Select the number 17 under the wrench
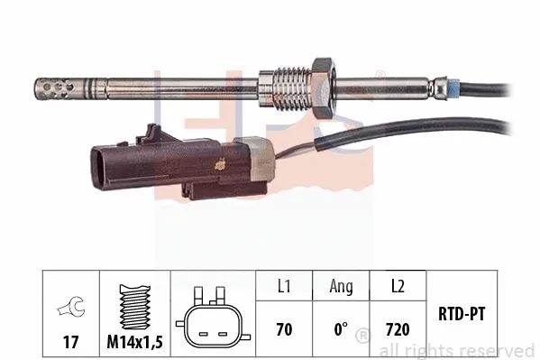69,342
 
